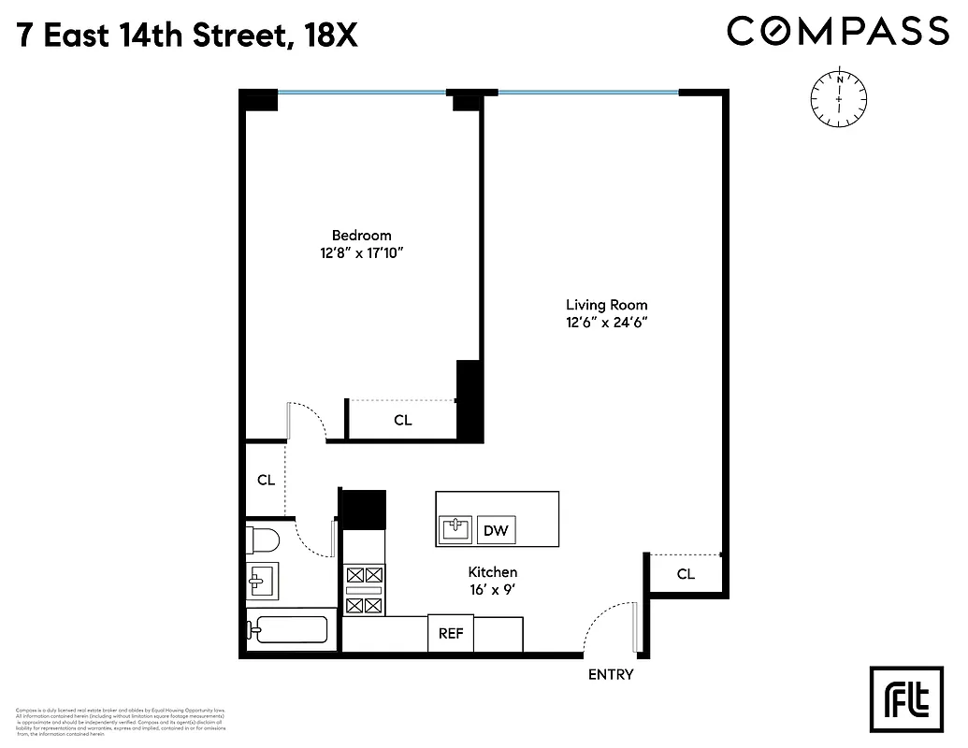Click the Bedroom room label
click(x=361, y=235)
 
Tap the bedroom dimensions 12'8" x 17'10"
click(x=361, y=252)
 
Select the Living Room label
click(x=606, y=305)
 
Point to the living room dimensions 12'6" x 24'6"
click(x=606, y=322)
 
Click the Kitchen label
click(x=492, y=572)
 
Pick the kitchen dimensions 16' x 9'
click(x=492, y=589)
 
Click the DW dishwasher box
click(x=496, y=531)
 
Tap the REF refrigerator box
click(x=451, y=633)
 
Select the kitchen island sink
click(x=455, y=530)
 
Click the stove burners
click(x=364, y=590)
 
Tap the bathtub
click(x=288, y=629)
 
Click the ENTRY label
click(x=610, y=674)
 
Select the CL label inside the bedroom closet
click(x=402, y=421)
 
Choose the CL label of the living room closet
click(x=686, y=574)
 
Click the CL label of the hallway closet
click(x=266, y=480)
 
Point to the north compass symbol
click(x=839, y=97)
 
